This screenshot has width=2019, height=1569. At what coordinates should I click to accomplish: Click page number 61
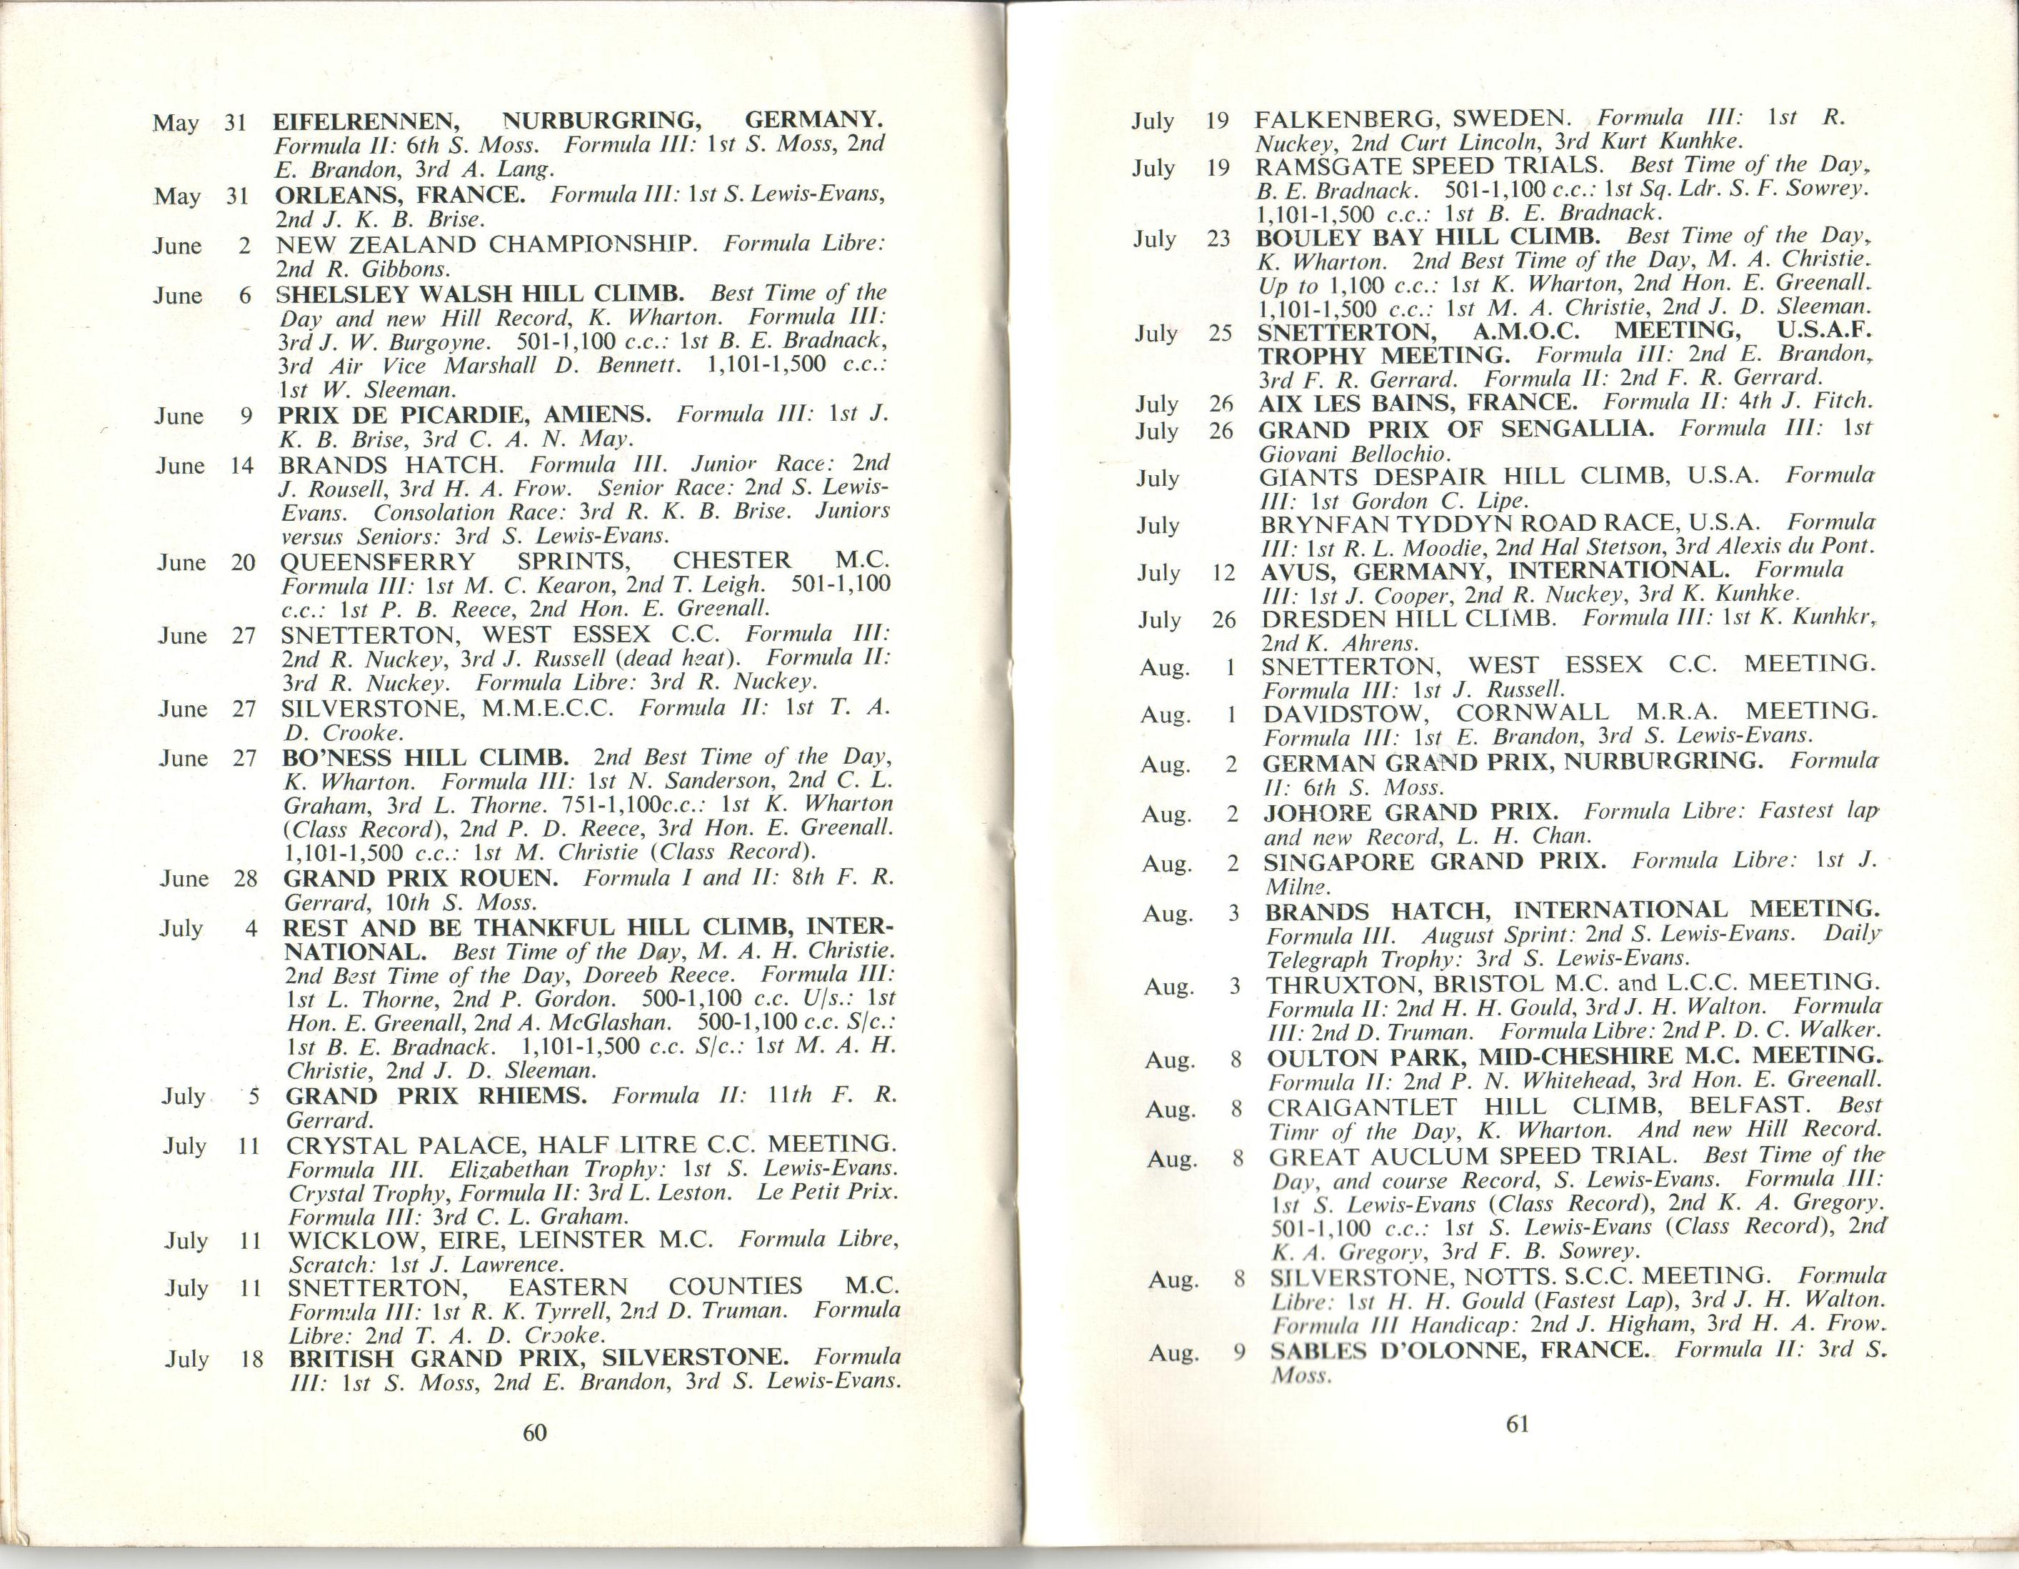pos(1518,1424)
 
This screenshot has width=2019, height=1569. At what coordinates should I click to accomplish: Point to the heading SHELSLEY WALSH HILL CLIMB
pos(481,295)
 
